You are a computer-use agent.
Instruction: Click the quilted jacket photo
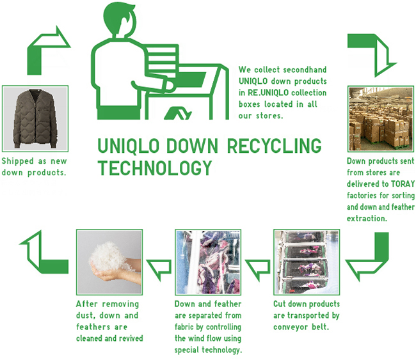[35, 118]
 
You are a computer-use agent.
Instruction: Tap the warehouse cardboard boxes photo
[381, 118]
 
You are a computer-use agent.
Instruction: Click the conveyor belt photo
[306, 261]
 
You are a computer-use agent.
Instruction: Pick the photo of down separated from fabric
[207, 261]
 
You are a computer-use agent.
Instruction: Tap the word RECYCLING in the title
[277, 146]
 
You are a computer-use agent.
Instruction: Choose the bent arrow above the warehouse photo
[371, 51]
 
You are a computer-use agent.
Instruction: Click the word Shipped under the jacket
[20, 161]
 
